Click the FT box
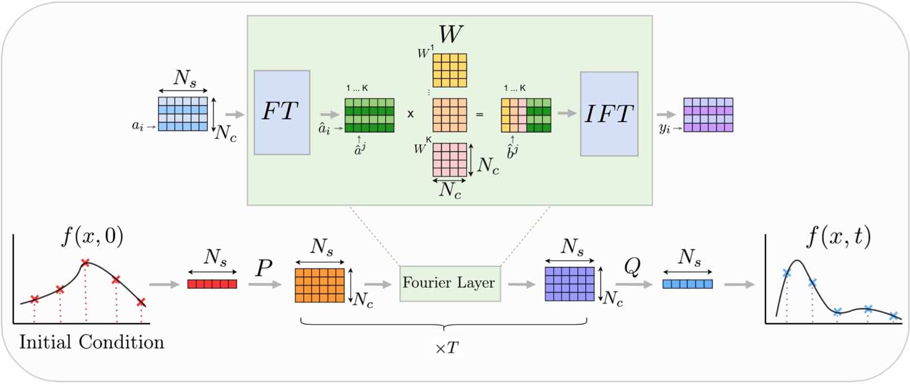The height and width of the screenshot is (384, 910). (282, 113)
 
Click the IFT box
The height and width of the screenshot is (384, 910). (609, 114)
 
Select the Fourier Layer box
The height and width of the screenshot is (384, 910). (449, 284)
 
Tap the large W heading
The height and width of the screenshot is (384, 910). (450, 34)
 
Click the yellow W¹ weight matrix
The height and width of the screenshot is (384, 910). (449, 70)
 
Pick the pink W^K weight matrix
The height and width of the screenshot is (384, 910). (449, 160)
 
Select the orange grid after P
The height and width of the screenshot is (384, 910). (320, 285)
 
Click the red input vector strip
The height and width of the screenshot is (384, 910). (212, 284)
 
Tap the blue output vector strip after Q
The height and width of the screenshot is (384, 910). (687, 284)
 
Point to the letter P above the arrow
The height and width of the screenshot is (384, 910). (264, 268)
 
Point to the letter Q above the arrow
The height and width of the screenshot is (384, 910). (632, 267)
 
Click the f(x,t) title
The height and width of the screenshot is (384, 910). (838, 237)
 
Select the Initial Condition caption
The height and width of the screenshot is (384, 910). (92, 342)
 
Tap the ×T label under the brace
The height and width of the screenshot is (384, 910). (446, 349)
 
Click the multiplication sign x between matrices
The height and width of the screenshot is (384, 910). (410, 114)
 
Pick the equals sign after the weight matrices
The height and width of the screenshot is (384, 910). (480, 114)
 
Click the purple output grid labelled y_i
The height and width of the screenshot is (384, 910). (708, 115)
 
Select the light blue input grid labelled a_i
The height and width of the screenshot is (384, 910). (183, 114)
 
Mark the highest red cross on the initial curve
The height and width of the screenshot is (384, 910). (85, 263)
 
